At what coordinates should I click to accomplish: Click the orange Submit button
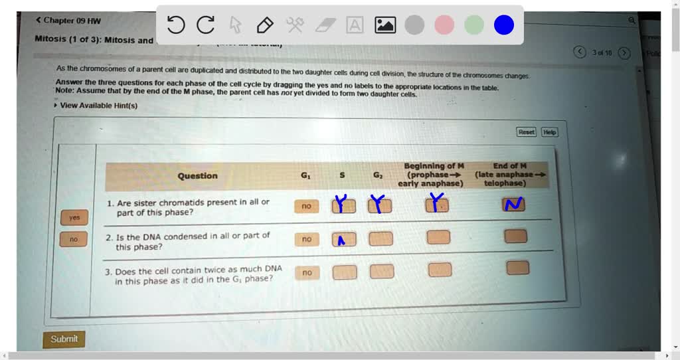tap(64, 339)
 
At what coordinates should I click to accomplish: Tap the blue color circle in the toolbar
tap(504, 25)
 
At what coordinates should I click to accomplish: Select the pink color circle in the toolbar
tap(444, 25)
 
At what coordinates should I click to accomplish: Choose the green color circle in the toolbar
tap(474, 25)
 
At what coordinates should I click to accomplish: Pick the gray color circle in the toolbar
tap(414, 25)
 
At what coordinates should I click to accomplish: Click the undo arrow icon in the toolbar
tap(176, 25)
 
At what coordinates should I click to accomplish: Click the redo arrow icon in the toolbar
tap(206, 25)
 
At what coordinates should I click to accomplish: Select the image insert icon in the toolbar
tap(385, 25)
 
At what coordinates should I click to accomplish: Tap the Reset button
tap(527, 132)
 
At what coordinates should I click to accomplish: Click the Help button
tap(549, 132)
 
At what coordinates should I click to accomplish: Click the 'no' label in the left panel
tap(74, 239)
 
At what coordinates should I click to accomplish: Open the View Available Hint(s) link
tap(98, 106)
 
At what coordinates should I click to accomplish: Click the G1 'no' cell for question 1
tap(305, 207)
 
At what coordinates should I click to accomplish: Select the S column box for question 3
tap(344, 272)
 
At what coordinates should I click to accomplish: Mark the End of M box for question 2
tap(516, 236)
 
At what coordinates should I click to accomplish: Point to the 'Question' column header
tap(197, 176)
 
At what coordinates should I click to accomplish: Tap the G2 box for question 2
tap(381, 238)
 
